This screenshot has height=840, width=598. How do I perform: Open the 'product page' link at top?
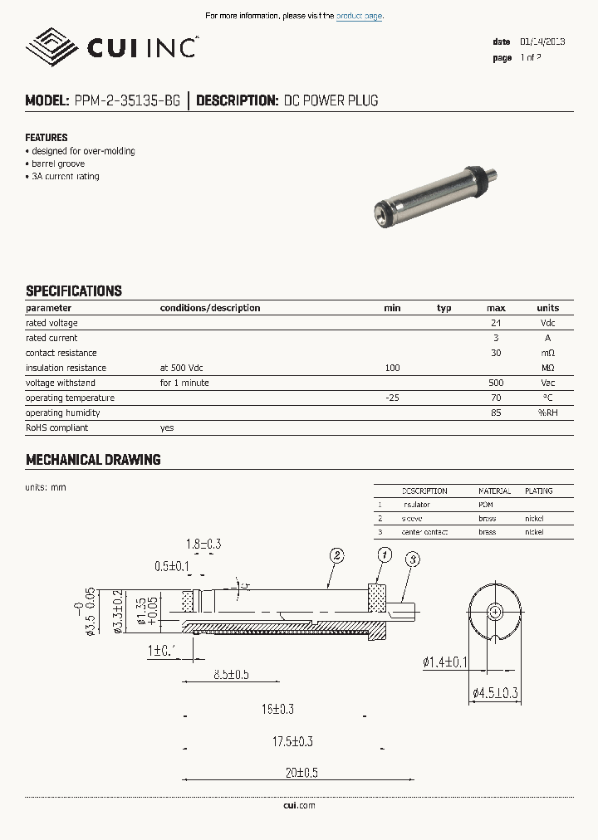click(x=359, y=17)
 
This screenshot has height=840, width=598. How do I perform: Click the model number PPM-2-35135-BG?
click(x=127, y=101)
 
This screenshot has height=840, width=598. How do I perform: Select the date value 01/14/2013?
click(x=542, y=42)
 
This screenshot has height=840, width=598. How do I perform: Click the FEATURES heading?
click(x=47, y=138)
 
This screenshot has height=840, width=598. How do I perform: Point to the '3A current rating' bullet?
click(x=64, y=177)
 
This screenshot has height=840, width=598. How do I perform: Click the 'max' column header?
click(x=496, y=308)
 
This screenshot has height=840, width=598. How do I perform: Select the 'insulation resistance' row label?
click(x=66, y=368)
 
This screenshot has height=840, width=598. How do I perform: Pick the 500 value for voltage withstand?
click(x=496, y=383)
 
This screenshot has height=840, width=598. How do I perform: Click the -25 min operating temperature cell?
click(x=392, y=398)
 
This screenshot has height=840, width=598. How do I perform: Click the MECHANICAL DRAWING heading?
click(x=93, y=460)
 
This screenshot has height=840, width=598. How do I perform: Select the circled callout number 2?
click(x=336, y=556)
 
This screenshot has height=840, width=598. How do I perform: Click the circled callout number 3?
click(x=412, y=559)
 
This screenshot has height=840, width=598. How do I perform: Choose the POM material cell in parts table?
click(x=486, y=505)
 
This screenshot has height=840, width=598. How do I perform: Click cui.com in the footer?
click(x=299, y=805)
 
